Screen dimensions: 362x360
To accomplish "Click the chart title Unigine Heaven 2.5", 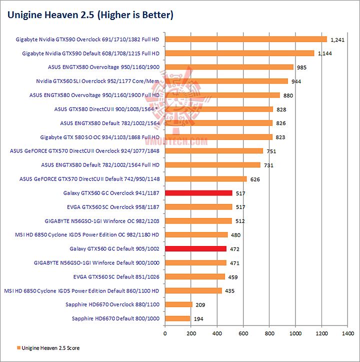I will point(90,15).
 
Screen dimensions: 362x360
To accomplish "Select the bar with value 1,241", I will point(245,39).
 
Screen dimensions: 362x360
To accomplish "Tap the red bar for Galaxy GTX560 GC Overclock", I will point(198,193).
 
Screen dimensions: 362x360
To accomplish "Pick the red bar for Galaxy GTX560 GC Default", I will point(195,248).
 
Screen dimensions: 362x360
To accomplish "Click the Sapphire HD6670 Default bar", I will point(177,318).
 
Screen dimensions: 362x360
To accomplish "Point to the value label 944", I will point(297,81).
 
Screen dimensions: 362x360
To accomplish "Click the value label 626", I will point(255,179).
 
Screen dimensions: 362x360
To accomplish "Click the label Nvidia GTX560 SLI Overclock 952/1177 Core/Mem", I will point(97,81).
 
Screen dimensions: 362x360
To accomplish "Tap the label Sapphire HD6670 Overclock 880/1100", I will point(112,304).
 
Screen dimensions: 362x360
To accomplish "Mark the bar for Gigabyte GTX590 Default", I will point(239,53).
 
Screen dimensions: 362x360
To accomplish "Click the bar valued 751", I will point(214,151).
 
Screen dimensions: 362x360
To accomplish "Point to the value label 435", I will point(230,290).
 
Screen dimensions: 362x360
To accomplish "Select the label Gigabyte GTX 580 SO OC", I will point(99,137).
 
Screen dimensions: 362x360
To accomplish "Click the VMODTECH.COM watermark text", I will point(180,142).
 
